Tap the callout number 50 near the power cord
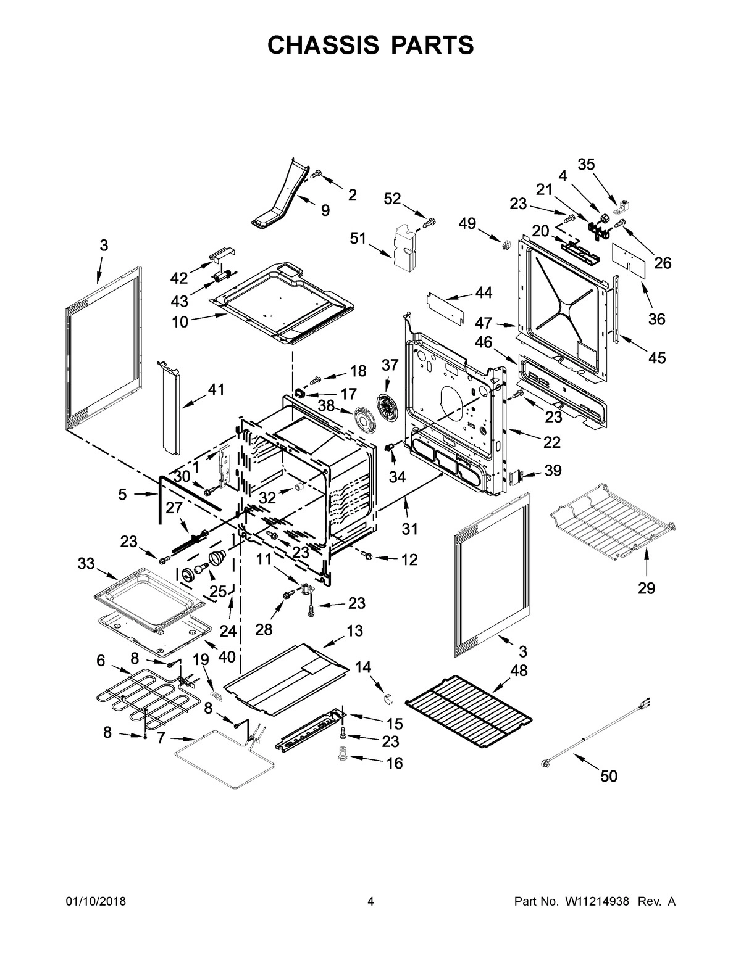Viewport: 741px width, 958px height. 609,776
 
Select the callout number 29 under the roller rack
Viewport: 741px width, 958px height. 646,588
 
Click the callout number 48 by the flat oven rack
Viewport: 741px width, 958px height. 519,671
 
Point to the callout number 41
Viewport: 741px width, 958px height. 216,389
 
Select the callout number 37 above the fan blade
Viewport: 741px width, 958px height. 390,366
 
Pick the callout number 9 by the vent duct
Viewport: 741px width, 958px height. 325,210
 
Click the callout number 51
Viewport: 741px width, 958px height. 358,238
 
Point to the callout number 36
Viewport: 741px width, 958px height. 656,319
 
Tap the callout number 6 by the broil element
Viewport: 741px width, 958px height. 101,661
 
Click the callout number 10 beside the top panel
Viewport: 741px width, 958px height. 180,321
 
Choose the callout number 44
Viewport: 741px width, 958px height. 484,293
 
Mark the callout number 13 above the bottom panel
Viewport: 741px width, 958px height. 354,630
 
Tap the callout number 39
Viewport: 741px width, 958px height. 553,471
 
